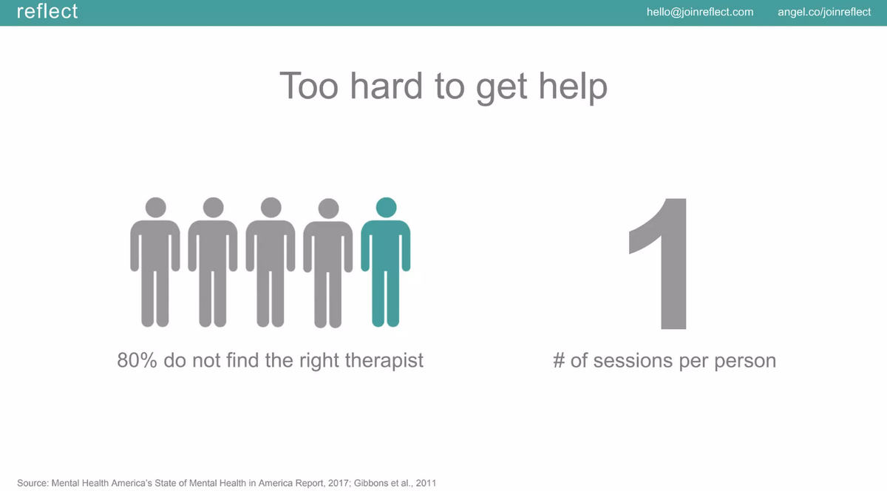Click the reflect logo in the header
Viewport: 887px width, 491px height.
47,11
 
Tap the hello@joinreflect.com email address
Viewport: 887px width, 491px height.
700,13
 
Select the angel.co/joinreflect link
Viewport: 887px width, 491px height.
824,13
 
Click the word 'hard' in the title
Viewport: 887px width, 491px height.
386,86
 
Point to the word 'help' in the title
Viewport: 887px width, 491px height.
573,87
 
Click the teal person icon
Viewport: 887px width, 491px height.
386,262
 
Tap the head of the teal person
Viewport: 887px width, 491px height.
386,207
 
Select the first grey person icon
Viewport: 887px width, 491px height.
155,262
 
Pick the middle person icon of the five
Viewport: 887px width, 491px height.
271,262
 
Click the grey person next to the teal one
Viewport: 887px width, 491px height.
328,263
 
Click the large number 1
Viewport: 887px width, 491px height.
658,263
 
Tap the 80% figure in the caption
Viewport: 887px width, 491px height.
137,360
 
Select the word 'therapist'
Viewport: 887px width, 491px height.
384,361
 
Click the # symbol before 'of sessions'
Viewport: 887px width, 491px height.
559,361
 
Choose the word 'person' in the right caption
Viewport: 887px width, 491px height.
745,362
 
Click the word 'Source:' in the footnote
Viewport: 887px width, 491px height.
33,483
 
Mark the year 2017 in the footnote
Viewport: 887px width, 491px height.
337,483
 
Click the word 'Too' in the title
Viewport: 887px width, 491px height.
309,86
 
